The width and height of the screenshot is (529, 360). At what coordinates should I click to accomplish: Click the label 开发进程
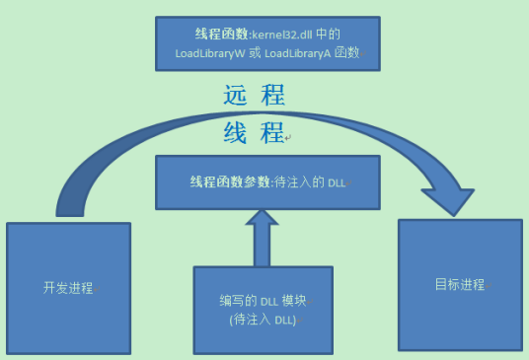point(68,288)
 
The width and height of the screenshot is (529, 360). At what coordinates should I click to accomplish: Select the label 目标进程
point(459,284)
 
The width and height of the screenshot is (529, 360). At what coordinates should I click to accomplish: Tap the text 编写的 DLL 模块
point(263,301)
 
